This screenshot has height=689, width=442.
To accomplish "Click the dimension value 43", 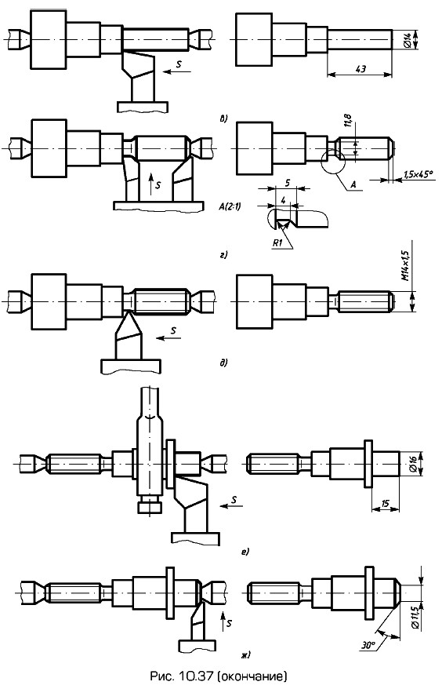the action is [360, 68].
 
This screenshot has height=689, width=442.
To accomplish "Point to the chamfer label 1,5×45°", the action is [418, 174].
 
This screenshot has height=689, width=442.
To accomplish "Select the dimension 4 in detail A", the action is [284, 200].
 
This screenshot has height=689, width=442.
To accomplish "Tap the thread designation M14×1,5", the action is [405, 266].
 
